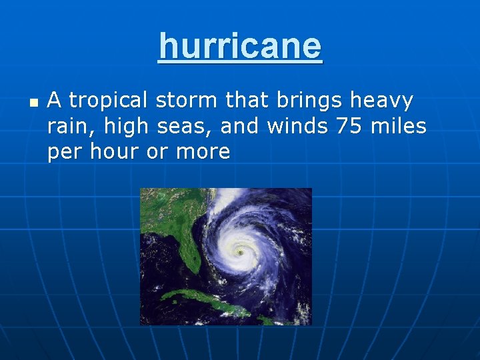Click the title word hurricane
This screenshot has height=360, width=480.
pyautogui.click(x=240, y=46)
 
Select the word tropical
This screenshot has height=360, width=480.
pyautogui.click(x=109, y=101)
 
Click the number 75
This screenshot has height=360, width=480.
pyautogui.click(x=349, y=126)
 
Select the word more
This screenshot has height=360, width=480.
pyautogui.click(x=203, y=152)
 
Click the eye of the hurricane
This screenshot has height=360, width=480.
pyautogui.click(x=240, y=252)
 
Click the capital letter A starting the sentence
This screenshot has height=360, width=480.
pyautogui.click(x=55, y=101)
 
